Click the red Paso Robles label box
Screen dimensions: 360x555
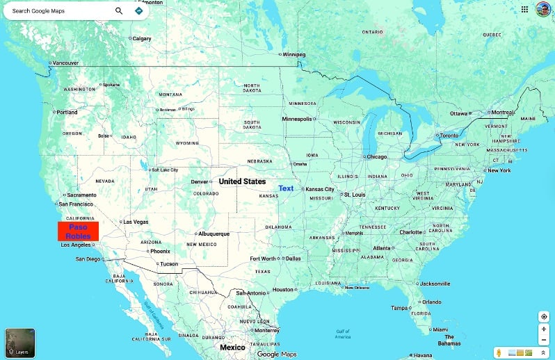tap(78, 231)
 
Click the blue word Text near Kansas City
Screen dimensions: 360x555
tap(286, 188)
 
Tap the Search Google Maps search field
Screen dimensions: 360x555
tap(59, 11)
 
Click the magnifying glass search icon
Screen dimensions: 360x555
tap(119, 11)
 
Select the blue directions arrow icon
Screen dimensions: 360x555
tap(138, 11)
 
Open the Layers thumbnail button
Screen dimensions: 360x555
tap(19, 343)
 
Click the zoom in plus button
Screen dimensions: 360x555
tap(544, 329)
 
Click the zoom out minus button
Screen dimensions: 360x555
tap(544, 340)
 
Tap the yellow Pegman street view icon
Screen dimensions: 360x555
tap(499, 353)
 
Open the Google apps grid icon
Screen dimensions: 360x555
tap(524, 9)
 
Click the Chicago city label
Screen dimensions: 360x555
tap(376, 157)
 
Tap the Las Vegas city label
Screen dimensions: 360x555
tap(136, 222)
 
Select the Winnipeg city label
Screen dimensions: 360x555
tap(293, 54)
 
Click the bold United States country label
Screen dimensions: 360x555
tap(242, 181)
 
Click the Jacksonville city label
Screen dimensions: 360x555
tap(435, 284)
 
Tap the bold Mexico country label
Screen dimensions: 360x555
tap(232, 347)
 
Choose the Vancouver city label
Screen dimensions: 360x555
tap(66, 63)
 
